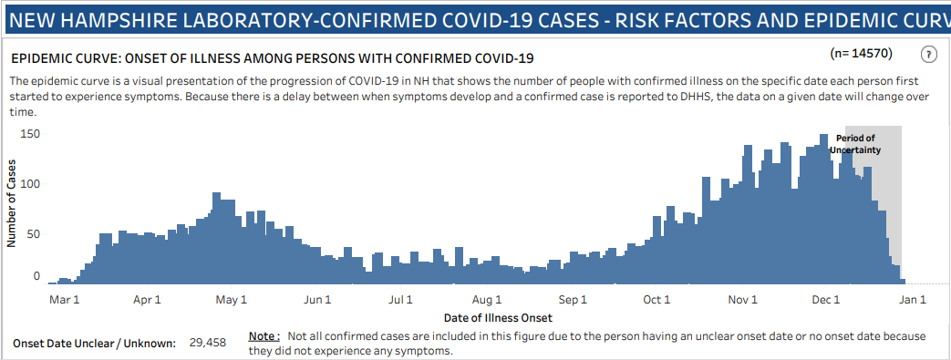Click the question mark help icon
[x=929, y=54]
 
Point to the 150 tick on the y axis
[x=32, y=134]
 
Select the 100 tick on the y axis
[x=32, y=183]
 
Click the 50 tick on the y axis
[x=35, y=233]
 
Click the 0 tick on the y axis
[x=37, y=276]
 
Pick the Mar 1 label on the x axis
[x=64, y=299]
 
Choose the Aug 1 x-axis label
[x=488, y=299]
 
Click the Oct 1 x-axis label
[x=656, y=299]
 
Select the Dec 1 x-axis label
[x=826, y=299]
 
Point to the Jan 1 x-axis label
[x=913, y=299]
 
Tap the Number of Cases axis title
[x=12, y=203]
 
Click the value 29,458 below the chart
[x=208, y=343]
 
